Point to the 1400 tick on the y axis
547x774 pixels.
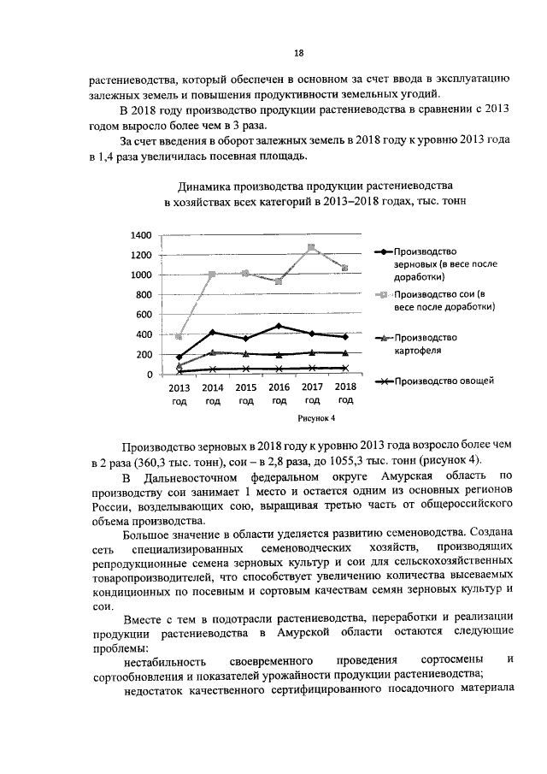[x=141, y=235]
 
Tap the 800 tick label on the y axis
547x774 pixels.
[x=144, y=295]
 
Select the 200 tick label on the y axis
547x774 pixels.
[x=144, y=355]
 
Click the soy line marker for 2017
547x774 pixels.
[x=312, y=248]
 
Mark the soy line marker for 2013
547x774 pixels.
[x=179, y=337]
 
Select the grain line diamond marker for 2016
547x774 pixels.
[x=279, y=326]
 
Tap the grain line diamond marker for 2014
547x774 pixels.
[x=212, y=332]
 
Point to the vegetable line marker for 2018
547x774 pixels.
[x=345, y=368]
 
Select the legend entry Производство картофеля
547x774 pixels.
[x=432, y=343]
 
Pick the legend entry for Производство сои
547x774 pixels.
[x=438, y=299]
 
